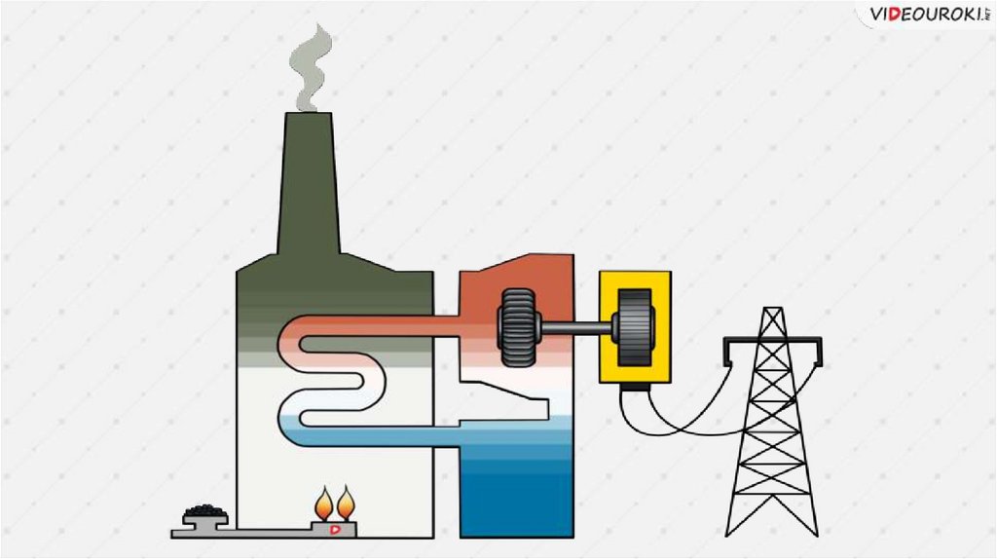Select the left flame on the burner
[324, 504]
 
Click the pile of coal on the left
[205, 511]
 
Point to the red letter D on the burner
[336, 529]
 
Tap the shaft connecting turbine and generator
[574, 328]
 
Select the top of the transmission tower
[772, 314]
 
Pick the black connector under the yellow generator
[635, 388]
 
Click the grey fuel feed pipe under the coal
[253, 532]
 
